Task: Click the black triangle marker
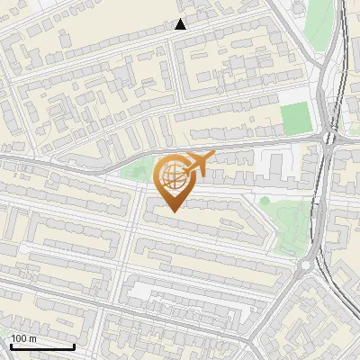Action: pos(180,24)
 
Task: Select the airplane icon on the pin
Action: pos(195,165)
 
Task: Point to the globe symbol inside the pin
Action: pos(170,175)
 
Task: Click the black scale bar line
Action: pos(42,346)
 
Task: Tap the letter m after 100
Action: pos(32,338)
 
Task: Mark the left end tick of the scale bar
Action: pos(11,345)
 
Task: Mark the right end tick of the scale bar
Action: pos(74,345)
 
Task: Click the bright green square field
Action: pos(294,118)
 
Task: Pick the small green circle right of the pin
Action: pos(265,201)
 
